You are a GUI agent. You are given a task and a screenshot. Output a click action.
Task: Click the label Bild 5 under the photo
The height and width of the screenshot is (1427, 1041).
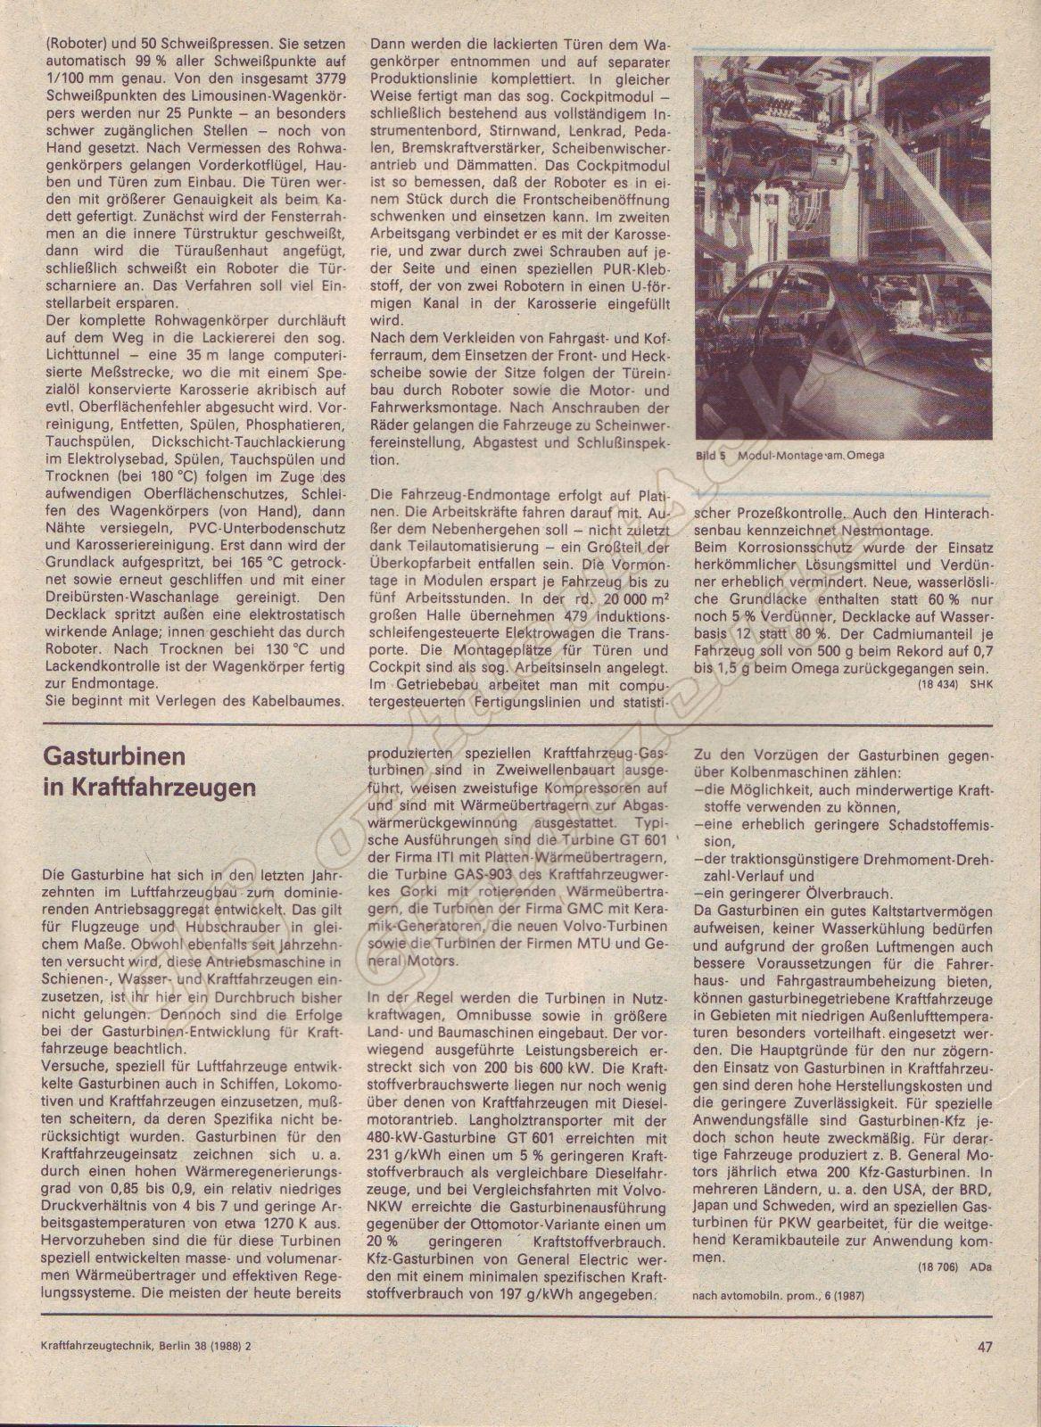(712, 455)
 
